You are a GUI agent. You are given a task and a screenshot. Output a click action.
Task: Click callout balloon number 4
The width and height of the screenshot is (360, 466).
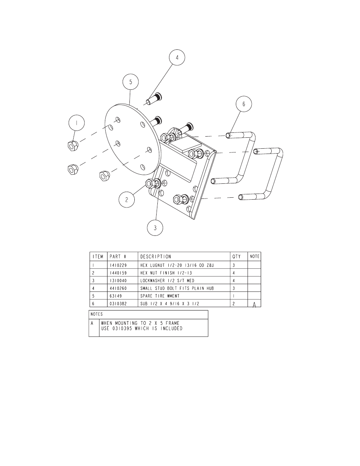click(x=177, y=57)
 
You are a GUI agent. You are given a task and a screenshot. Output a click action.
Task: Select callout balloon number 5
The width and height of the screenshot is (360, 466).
click(x=131, y=82)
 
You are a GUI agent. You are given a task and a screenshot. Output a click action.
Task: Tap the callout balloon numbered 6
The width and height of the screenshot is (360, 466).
click(x=244, y=104)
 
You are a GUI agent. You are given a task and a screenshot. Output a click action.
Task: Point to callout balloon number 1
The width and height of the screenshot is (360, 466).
click(x=77, y=123)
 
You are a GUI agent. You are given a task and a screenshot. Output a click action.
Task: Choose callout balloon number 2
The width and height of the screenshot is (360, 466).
click(x=126, y=200)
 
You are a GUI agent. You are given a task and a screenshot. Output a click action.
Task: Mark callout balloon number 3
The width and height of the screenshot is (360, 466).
click(x=155, y=228)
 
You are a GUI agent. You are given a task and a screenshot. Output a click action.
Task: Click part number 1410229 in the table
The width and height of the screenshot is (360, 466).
click(x=118, y=265)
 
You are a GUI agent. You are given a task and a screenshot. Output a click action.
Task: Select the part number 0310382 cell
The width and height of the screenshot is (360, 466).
click(x=118, y=304)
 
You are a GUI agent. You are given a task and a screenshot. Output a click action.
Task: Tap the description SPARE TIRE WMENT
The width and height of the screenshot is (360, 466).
click(x=160, y=296)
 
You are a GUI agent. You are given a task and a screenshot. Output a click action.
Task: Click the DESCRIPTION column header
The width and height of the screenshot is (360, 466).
click(x=156, y=257)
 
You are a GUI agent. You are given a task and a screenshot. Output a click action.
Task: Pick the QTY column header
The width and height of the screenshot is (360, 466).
click(x=236, y=257)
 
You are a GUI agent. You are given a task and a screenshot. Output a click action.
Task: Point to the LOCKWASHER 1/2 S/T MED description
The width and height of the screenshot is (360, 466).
click(x=167, y=280)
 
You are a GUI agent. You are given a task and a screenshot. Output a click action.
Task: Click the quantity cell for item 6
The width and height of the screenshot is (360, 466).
click(x=234, y=304)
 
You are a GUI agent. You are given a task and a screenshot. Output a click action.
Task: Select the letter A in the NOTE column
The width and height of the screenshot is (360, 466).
click(x=254, y=305)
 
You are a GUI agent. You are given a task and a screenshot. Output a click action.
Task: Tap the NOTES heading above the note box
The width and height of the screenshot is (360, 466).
click(x=97, y=314)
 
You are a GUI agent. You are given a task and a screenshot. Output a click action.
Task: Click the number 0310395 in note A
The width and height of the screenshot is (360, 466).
click(x=122, y=329)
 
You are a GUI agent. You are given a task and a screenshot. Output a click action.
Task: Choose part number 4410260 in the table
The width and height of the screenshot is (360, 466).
click(x=118, y=288)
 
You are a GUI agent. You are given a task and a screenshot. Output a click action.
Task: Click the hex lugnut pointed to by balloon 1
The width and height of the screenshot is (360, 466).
click(x=73, y=146)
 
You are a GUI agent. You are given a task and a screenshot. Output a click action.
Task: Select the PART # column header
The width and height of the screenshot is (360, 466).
click(x=118, y=257)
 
